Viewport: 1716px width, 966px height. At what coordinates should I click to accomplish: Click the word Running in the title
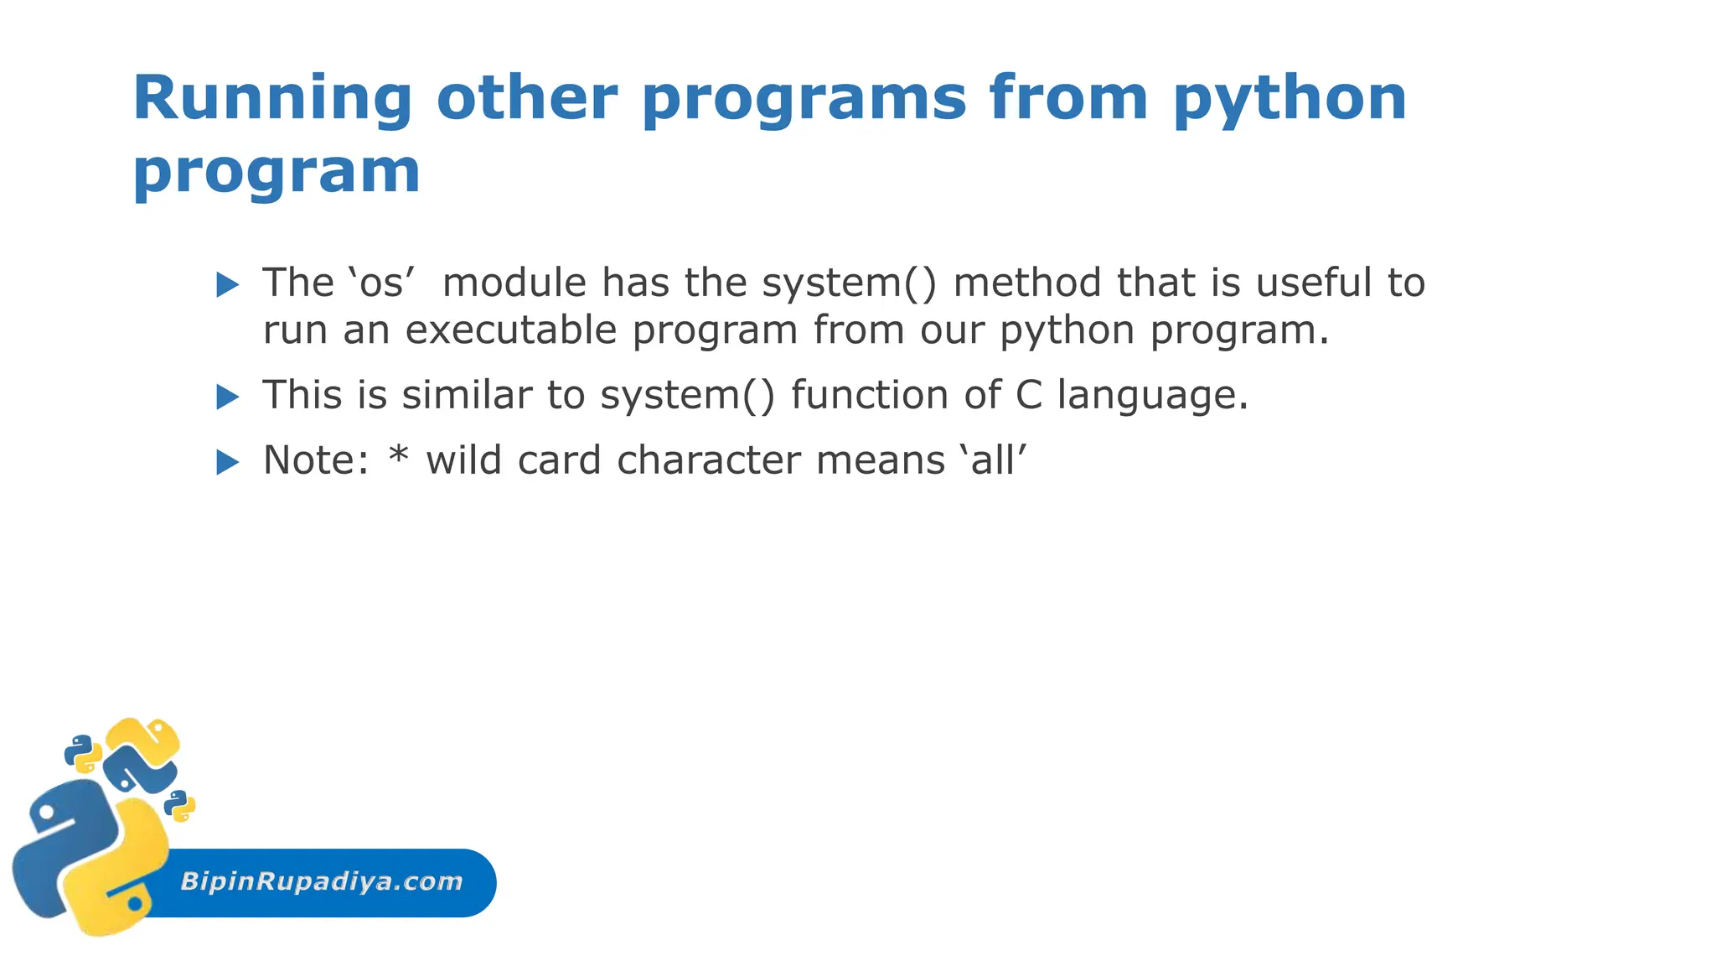coord(272,99)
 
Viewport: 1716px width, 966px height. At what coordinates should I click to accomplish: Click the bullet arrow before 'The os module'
coord(227,284)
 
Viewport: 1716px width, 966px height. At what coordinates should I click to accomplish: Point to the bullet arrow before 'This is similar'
coord(227,397)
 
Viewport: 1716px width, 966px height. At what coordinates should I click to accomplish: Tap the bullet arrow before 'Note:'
coord(227,462)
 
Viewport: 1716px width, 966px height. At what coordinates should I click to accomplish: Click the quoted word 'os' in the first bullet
coord(381,283)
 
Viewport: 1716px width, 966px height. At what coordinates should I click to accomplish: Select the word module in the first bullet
coord(514,283)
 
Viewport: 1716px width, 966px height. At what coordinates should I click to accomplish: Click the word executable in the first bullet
coord(511,330)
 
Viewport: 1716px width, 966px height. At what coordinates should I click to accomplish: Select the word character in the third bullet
coord(709,460)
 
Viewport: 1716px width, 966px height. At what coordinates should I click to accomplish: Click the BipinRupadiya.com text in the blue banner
coord(322,881)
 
